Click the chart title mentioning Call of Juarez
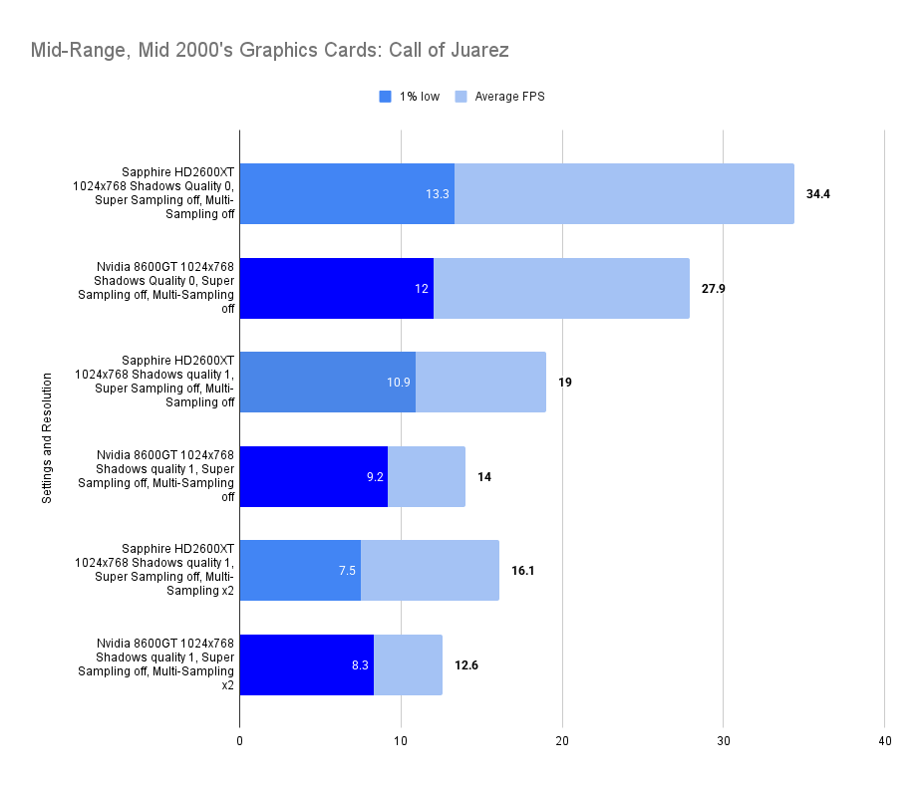click(271, 49)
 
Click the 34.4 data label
click(818, 194)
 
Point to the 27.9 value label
click(714, 289)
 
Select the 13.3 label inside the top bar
click(438, 194)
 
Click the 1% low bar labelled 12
click(337, 289)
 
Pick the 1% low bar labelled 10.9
click(327, 383)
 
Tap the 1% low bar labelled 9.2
click(313, 476)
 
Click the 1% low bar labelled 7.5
click(299, 571)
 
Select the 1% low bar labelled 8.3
click(306, 664)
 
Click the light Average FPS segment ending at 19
click(480, 383)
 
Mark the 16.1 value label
click(523, 571)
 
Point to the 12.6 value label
click(466, 664)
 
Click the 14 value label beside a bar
click(484, 476)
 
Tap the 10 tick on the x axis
click(401, 741)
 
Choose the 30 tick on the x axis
click(724, 741)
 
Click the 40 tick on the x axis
click(885, 741)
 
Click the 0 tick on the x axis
click(240, 741)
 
